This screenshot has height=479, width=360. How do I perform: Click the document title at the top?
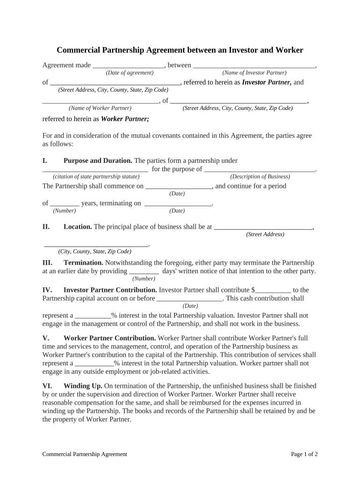[180, 50]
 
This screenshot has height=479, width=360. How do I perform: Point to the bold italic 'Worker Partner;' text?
[125, 119]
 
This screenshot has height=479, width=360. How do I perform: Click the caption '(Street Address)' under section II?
[265, 234]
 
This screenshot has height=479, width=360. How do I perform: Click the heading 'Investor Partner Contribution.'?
[110, 290]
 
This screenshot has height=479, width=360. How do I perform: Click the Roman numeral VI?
[47, 386]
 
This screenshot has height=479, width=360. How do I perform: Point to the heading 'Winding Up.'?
[82, 386]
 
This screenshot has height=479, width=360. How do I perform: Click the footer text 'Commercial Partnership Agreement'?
[85, 454]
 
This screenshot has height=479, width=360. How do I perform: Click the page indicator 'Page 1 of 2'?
[304, 454]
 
